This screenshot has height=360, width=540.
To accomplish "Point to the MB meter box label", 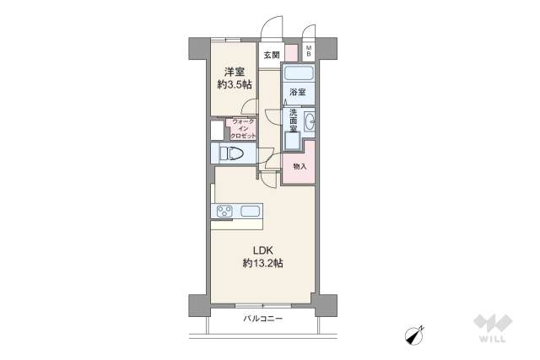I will click(309, 51).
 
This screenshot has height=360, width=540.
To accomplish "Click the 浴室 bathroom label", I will click(298, 91).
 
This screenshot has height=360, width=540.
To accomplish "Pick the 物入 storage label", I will click(300, 166).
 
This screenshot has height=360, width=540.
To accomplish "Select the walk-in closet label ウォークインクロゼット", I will click(243, 128).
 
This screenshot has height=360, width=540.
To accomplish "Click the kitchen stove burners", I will click(225, 212).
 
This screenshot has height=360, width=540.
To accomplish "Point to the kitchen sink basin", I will click(251, 212).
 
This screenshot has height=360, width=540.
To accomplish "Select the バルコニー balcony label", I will click(263, 320).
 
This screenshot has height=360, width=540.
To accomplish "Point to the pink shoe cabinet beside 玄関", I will click(291, 53).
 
